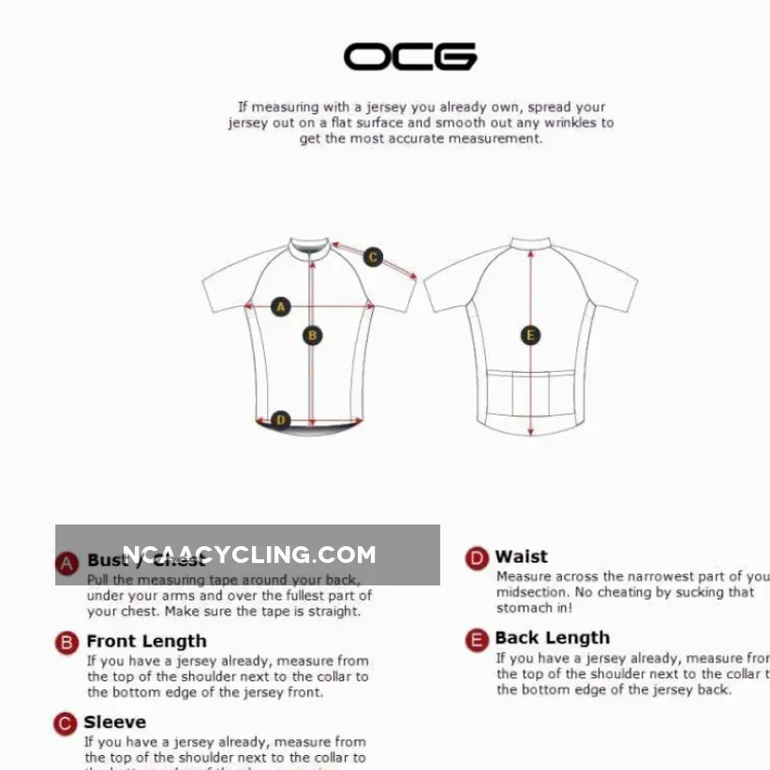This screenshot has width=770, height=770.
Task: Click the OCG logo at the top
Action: (409, 57)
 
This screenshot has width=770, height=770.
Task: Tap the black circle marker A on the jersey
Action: (280, 306)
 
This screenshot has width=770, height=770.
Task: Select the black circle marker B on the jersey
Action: (313, 335)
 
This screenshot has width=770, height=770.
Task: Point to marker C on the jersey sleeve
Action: (373, 257)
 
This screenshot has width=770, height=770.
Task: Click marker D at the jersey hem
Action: (280, 420)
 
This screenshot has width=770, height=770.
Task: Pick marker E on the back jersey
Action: (530, 335)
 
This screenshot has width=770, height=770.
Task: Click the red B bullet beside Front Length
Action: (67, 643)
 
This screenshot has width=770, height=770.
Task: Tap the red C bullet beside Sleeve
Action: (65, 723)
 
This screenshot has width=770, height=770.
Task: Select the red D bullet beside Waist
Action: (477, 558)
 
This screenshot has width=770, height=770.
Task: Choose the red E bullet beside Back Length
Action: (477, 640)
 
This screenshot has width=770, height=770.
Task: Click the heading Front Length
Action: (146, 642)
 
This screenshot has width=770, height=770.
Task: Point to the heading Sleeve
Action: (114, 722)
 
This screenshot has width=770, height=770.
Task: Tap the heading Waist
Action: (521, 557)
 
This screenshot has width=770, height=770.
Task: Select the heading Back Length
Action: (552, 639)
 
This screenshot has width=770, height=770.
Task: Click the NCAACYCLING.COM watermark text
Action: (248, 555)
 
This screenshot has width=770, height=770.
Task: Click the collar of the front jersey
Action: (309, 248)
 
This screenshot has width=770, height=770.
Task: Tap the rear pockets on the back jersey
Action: (531, 393)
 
